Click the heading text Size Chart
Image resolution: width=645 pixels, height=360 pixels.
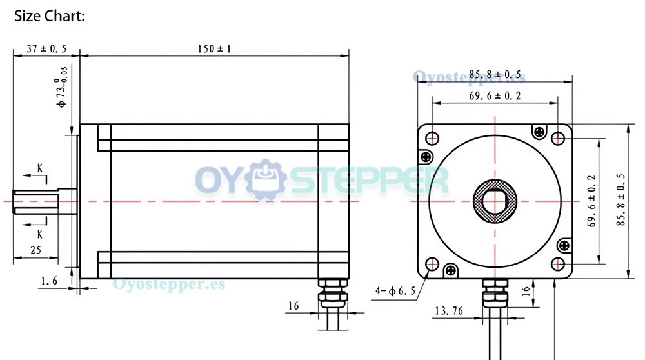click(50, 16)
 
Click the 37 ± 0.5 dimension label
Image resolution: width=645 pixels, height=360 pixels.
click(46, 48)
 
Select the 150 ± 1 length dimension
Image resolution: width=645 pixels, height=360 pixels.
click(214, 48)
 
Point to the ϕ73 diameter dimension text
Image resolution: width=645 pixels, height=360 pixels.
click(61, 87)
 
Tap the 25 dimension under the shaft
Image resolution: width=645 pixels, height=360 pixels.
click(35, 250)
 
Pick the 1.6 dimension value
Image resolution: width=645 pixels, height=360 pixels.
click(49, 281)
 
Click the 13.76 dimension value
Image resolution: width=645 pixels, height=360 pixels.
click(449, 310)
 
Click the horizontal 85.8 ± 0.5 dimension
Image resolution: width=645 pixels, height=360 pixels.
click(495, 75)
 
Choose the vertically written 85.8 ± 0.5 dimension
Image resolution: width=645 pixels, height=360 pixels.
click(620, 199)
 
